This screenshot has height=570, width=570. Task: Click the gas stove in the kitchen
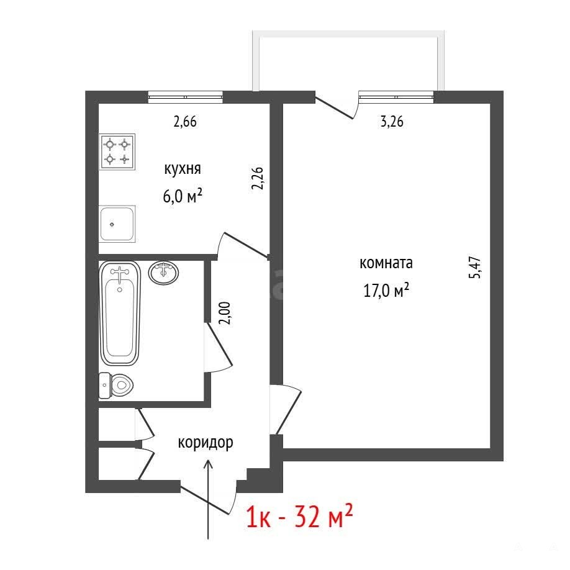coord(117,152)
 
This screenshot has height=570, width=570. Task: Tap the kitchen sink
coord(117,224)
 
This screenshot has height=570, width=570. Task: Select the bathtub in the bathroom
coord(120,313)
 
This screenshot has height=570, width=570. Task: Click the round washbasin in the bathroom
coord(163,273)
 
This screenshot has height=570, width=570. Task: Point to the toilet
coord(116,386)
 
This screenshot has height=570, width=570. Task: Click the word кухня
coord(183,169)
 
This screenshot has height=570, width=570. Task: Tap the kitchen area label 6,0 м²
coord(183,197)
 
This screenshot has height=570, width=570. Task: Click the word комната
coord(386,263)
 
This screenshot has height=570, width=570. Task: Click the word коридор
coord(206,443)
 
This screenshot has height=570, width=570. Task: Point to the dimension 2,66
coord(185,122)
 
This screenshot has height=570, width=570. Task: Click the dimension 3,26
coord(392,122)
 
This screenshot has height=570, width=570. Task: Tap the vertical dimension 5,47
coord(475,268)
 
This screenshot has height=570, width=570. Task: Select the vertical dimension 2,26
coord(258,178)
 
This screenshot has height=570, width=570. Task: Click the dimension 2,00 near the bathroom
coord(225,313)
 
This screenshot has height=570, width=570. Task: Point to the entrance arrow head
coord(208,463)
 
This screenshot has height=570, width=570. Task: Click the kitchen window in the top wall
coord(186,97)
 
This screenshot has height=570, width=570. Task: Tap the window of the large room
coord(396,97)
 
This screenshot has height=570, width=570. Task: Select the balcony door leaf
coord(334,108)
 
